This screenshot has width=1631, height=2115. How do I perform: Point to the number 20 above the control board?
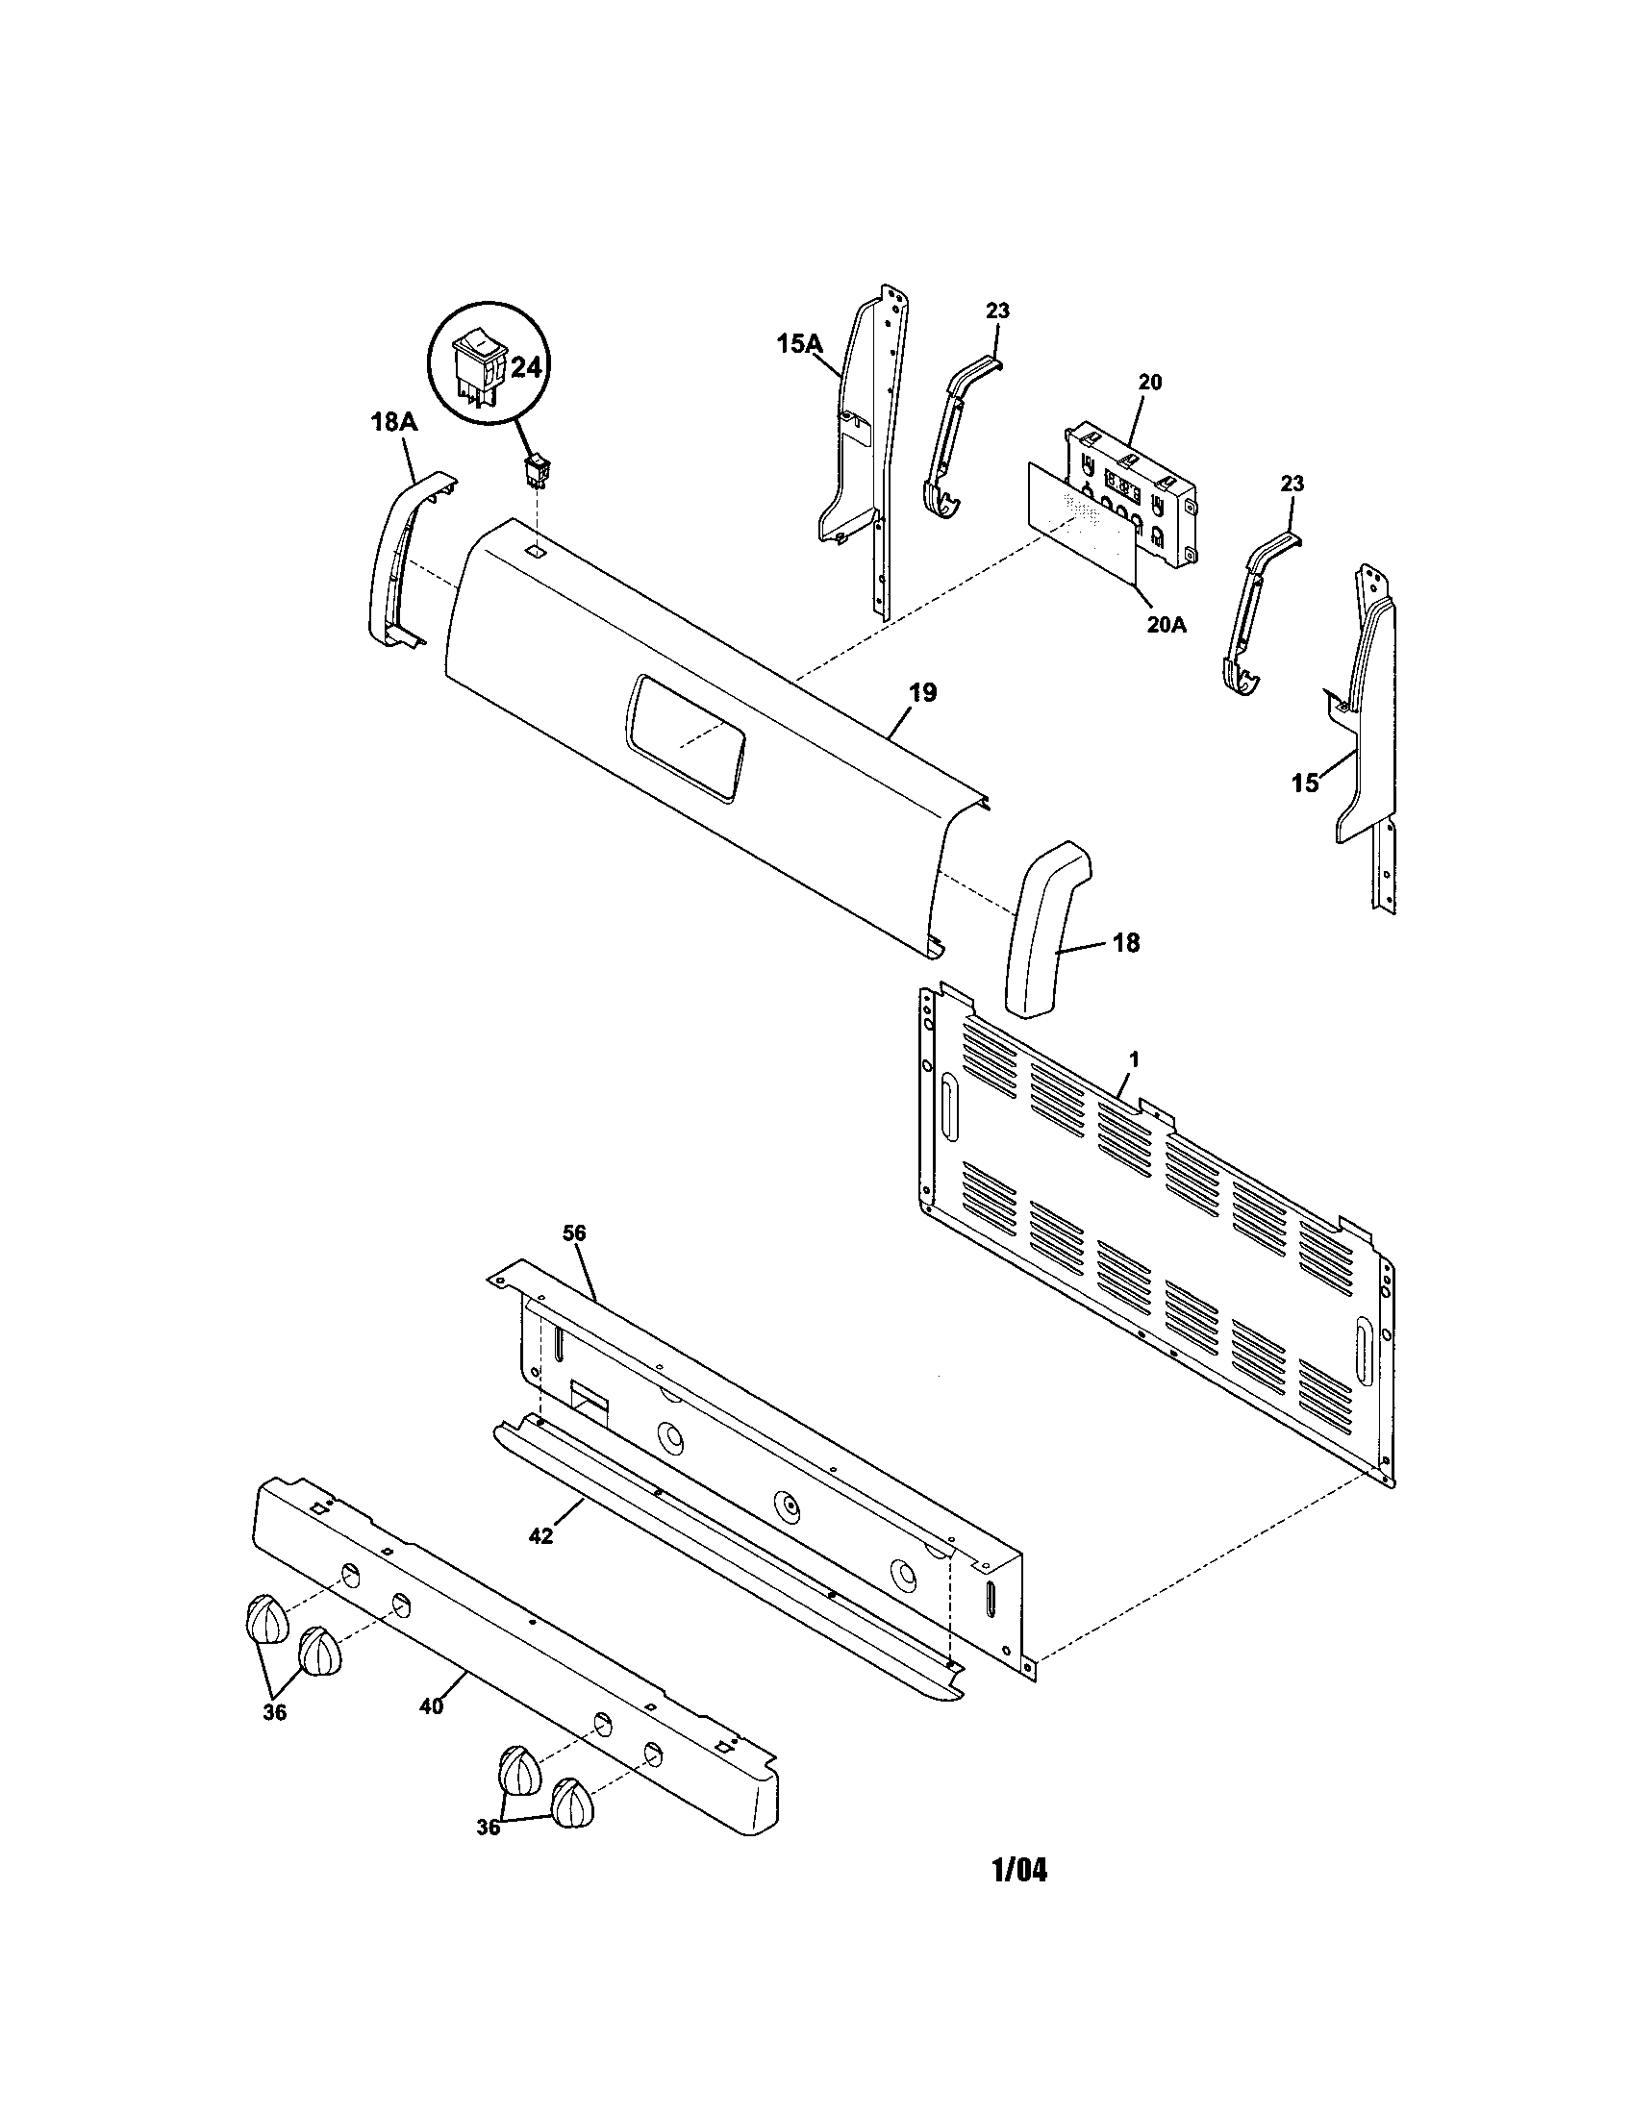1149,382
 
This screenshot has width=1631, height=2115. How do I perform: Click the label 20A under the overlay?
1167,625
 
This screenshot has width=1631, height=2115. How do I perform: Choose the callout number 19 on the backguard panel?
923,692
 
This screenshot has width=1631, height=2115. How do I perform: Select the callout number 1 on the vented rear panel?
1134,1059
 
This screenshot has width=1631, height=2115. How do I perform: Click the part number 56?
574,1232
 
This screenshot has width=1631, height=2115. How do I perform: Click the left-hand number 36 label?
275,1712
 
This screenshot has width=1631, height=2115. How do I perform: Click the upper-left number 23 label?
997,311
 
